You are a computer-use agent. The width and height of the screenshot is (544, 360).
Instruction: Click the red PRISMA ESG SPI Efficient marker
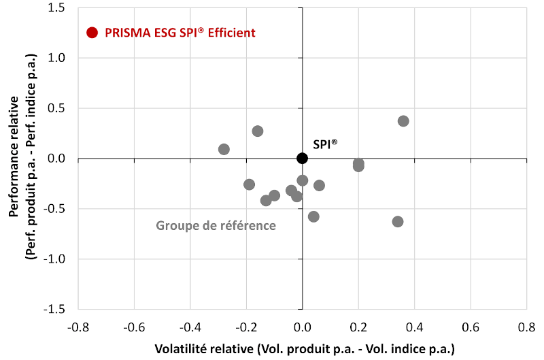[93, 33]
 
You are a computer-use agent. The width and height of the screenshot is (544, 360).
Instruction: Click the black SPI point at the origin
[303, 159]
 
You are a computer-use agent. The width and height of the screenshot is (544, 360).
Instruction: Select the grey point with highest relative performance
[403, 121]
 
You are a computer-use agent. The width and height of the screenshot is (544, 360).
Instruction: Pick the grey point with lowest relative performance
[398, 222]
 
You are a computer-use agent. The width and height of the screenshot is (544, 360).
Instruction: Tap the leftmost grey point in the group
[224, 149]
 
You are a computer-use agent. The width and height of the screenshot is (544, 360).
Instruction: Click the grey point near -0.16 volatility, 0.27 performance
[258, 131]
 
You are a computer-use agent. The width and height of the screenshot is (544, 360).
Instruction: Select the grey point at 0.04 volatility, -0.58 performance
[313, 216]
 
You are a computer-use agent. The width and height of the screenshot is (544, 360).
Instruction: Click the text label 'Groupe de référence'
[216, 225]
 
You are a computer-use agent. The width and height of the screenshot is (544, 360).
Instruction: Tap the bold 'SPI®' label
[325, 144]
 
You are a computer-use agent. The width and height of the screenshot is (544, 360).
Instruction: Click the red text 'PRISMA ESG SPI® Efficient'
[180, 33]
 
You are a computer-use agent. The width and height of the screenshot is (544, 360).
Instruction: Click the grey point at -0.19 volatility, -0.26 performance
[250, 184]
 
